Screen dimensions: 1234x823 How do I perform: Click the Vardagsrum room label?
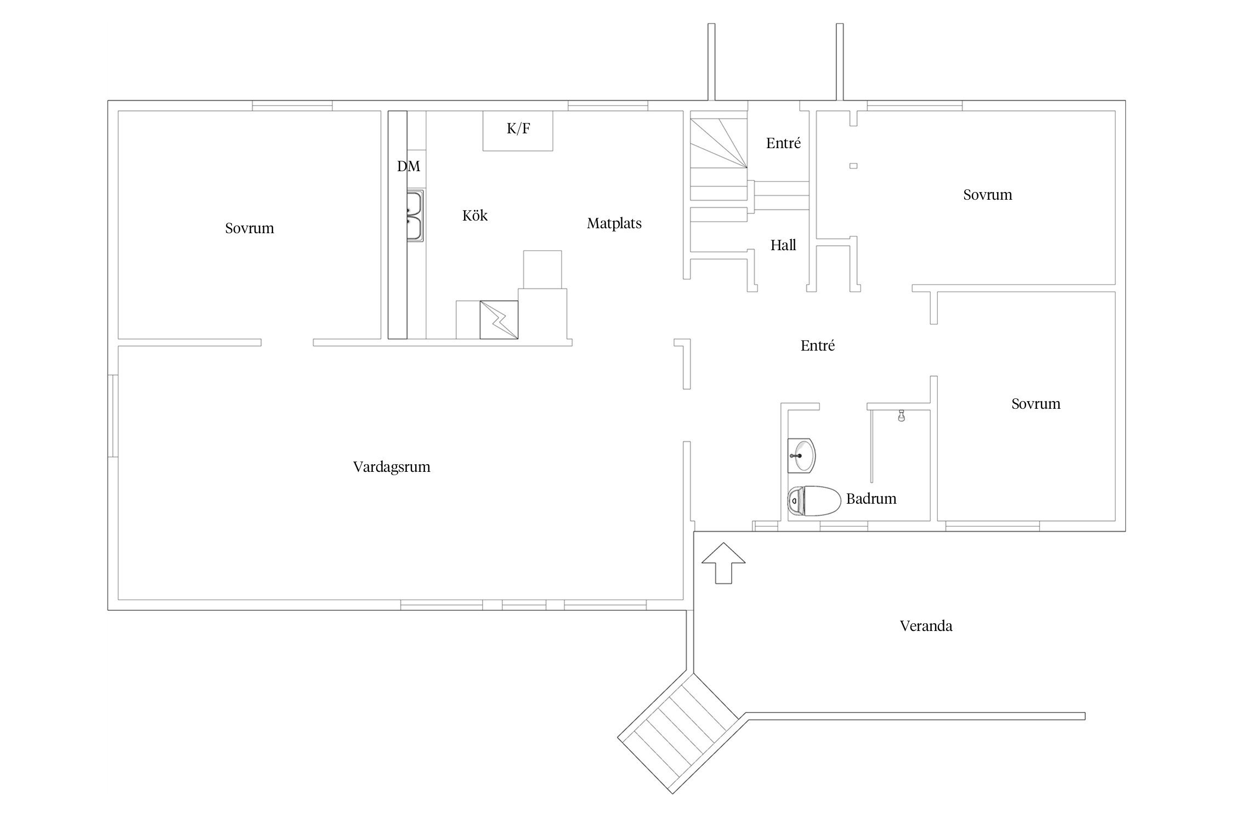tap(392, 467)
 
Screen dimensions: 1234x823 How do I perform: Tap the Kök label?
tap(475, 216)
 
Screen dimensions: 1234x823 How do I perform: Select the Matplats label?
tap(614, 224)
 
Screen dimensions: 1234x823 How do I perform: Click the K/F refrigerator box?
tap(518, 131)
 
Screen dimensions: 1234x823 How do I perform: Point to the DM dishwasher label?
tap(409, 166)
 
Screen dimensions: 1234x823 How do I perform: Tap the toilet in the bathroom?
tap(814, 501)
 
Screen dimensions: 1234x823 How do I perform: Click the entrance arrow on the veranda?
tap(723, 563)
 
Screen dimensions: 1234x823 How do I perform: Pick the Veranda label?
tap(926, 626)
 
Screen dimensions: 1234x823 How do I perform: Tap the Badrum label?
tap(871, 499)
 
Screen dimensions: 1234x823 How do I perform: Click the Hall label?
tap(783, 245)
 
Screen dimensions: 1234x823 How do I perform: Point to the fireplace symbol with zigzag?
tap(499, 319)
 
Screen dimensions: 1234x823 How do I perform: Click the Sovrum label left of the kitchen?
tap(250, 228)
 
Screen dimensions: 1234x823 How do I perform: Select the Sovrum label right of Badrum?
tap(1036, 404)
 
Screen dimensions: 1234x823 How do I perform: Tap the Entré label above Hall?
tap(783, 143)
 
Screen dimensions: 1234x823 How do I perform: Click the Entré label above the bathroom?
tap(818, 346)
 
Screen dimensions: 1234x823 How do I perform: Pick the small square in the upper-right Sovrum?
tap(853, 166)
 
